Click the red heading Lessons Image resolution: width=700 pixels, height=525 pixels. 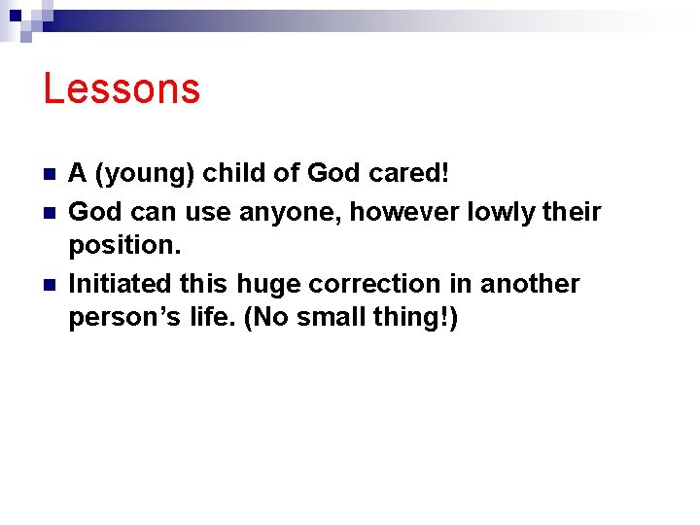[x=122, y=88]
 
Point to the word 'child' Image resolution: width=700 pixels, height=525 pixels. [x=234, y=174]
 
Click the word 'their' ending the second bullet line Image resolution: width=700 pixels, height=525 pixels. [x=573, y=211]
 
